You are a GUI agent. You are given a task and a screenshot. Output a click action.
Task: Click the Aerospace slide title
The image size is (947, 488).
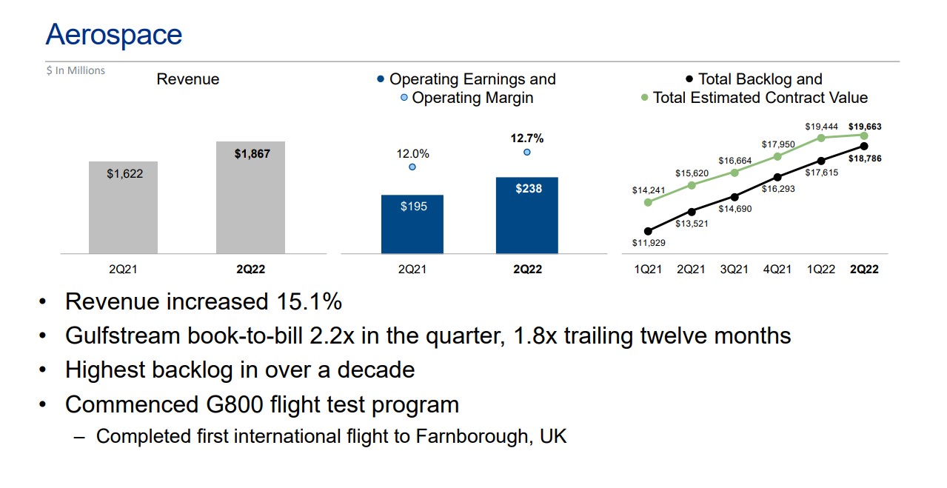[x=113, y=35]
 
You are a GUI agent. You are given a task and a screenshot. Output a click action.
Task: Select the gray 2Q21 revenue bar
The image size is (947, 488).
[x=123, y=207]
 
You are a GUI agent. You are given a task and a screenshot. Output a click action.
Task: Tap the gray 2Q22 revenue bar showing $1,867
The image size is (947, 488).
[x=250, y=198]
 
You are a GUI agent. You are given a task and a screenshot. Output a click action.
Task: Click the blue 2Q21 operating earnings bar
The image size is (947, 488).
[x=412, y=224]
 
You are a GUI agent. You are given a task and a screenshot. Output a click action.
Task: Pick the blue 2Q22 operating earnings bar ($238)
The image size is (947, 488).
[x=527, y=215]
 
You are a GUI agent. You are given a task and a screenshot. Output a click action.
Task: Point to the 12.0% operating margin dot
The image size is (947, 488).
[x=412, y=167]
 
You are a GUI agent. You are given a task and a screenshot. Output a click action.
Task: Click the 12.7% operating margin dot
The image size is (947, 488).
[x=527, y=152]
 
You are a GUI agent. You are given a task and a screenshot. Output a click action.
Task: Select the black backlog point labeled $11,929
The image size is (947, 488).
[x=648, y=231]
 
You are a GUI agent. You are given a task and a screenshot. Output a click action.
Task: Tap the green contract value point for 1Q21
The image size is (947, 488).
[x=648, y=202]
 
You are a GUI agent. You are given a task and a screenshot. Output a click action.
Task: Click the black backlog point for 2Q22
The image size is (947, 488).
[x=864, y=146]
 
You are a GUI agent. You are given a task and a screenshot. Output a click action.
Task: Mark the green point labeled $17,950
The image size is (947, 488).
[x=777, y=156]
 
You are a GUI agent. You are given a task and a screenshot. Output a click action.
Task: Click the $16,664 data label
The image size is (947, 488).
[x=734, y=160]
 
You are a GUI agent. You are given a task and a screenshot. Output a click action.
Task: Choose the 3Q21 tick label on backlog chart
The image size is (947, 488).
[x=734, y=270]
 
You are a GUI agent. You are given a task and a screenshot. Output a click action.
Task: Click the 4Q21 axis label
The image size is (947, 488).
[x=777, y=270]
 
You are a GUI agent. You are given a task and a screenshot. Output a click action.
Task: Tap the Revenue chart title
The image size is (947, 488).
[x=188, y=79]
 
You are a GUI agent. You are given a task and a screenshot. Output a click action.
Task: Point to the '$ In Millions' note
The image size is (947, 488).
[x=76, y=70]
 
